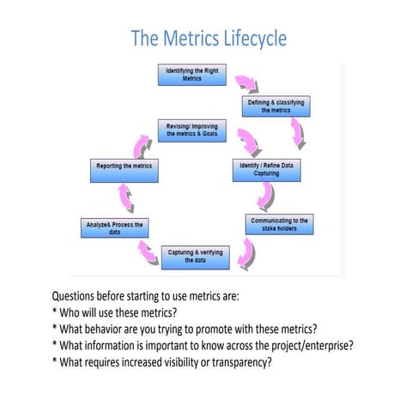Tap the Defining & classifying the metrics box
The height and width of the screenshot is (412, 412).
pos(276,106)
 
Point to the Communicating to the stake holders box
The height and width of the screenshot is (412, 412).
pos(278,225)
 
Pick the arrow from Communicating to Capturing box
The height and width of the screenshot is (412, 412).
pos(248,251)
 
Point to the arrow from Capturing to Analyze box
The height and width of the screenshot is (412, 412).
pos(142,250)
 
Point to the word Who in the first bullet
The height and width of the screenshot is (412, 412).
pos(73,313)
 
